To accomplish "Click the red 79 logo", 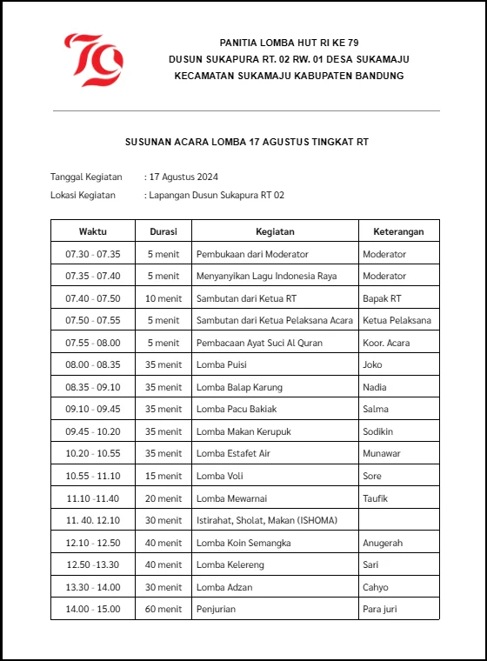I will tap(93, 59).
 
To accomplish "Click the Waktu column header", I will tap(92, 231).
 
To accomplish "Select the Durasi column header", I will tap(163, 231).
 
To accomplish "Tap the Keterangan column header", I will tap(398, 231).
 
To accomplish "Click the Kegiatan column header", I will tap(275, 231).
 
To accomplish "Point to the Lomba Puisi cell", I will tap(222, 365).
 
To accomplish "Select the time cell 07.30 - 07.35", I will tap(92, 254).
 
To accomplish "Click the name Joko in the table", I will tap(372, 365).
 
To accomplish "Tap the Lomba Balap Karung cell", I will tap(239, 387).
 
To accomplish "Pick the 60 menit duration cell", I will tap(163, 610).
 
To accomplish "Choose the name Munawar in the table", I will tap(381, 454).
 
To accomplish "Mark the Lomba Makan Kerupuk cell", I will tap(243, 431).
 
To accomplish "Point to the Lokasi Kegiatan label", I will tap(85, 196).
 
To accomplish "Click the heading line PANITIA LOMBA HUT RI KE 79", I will tap(289, 43).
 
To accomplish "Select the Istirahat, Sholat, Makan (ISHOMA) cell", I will tap(266, 521).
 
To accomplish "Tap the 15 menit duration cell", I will tap(163, 476).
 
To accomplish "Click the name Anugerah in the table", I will tap(383, 543).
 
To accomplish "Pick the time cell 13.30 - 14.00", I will tap(92, 587).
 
